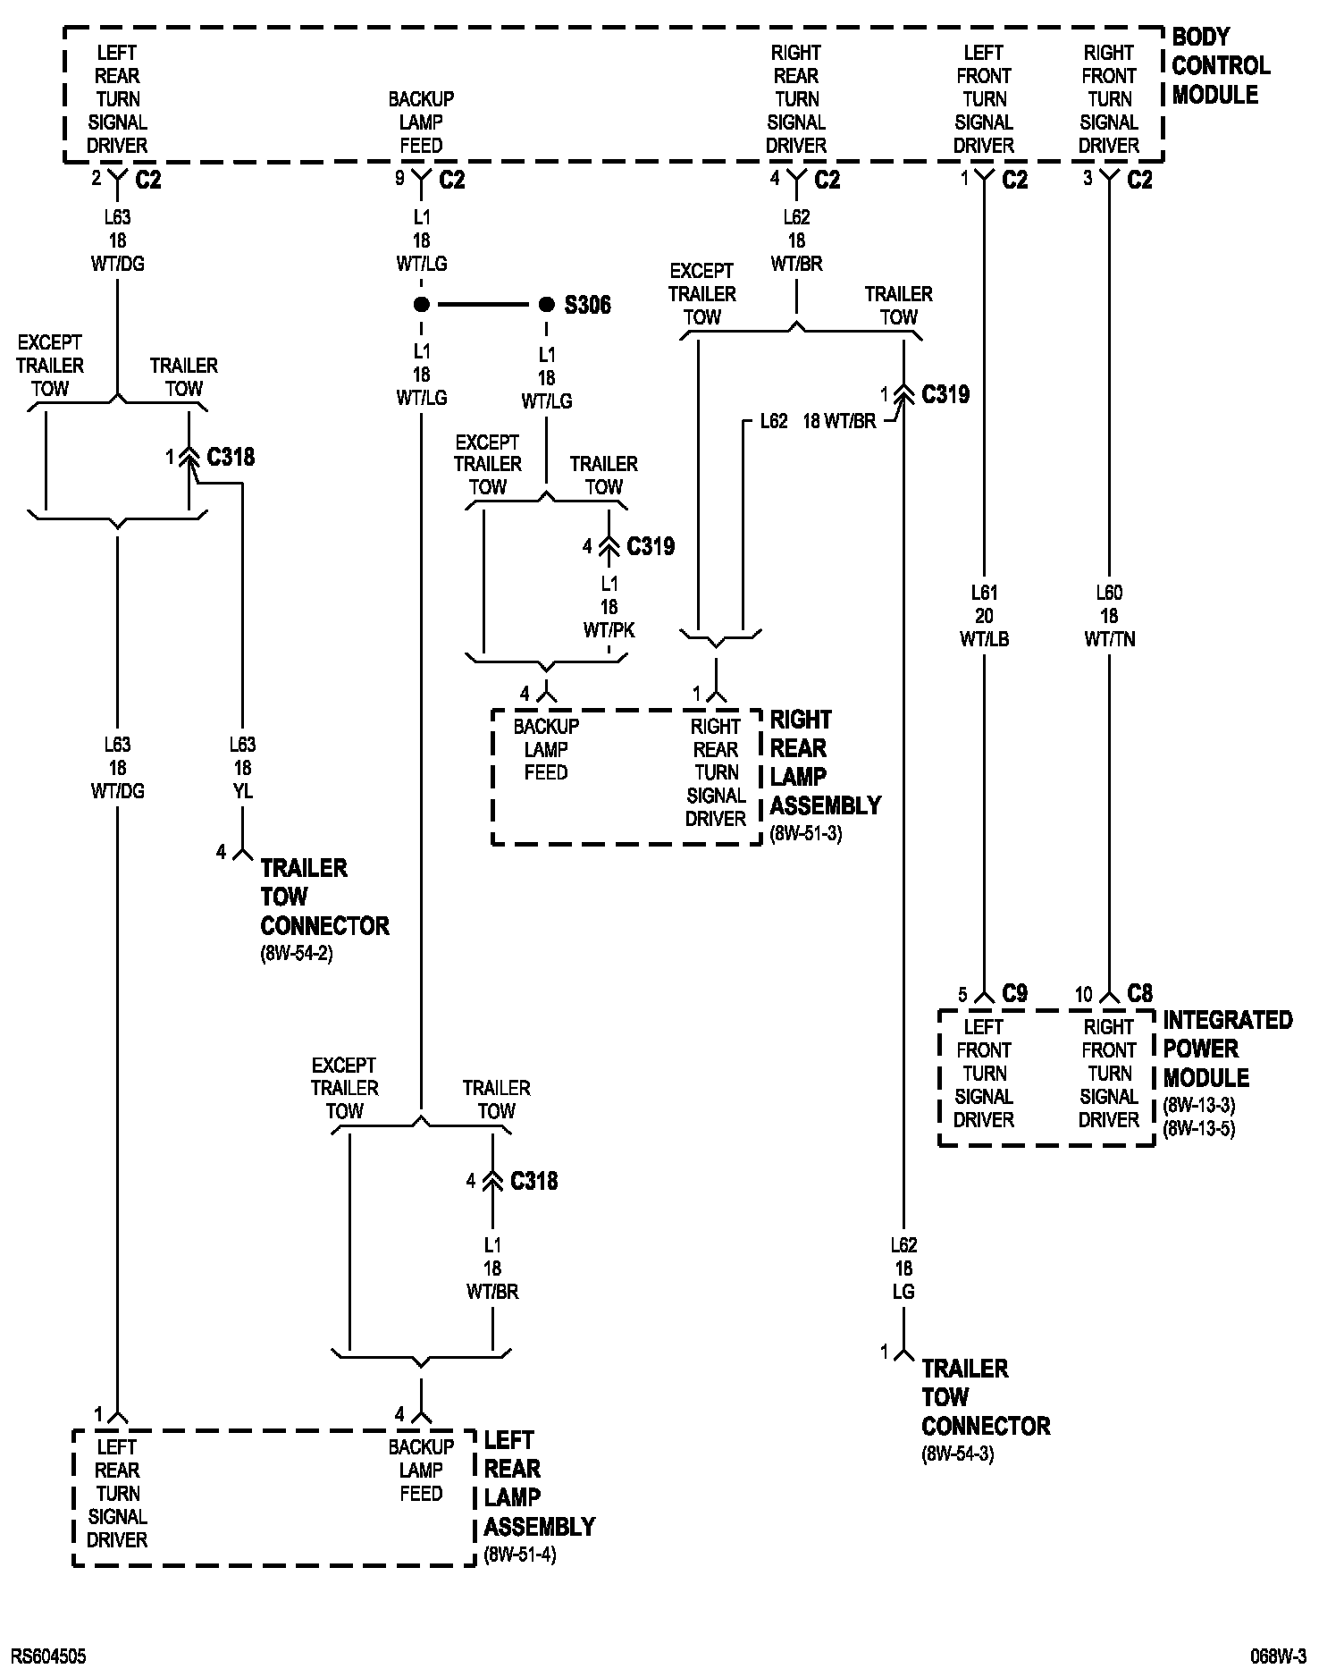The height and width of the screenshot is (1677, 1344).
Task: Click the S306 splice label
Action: coord(587,306)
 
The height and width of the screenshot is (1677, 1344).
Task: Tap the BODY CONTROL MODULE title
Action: coord(1219,66)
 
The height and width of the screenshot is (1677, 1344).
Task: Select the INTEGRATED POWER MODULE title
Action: coord(1227,1049)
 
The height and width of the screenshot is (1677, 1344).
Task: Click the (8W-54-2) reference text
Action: coord(296,953)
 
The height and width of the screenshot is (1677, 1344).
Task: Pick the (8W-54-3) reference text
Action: coord(957,1454)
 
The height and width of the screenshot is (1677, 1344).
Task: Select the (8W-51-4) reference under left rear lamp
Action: coord(519,1555)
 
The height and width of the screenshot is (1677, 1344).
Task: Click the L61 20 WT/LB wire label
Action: coord(984,616)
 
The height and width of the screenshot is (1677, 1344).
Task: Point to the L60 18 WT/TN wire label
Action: coord(1109,616)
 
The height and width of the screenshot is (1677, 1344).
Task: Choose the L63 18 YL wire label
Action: coord(242,768)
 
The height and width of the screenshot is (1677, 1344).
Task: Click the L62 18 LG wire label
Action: coord(903,1268)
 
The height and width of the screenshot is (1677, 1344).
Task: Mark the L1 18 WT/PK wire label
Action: coord(609,607)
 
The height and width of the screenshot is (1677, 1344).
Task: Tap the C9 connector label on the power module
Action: coord(1014,993)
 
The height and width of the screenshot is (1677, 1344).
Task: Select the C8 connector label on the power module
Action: coord(1139,993)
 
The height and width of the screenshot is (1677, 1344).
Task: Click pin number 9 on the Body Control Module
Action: coord(399,179)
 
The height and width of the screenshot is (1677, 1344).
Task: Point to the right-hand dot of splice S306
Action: coord(546,305)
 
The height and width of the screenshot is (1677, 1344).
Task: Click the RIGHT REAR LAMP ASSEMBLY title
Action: coord(824,763)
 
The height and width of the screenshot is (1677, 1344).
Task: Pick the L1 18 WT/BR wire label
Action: coord(492,1268)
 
